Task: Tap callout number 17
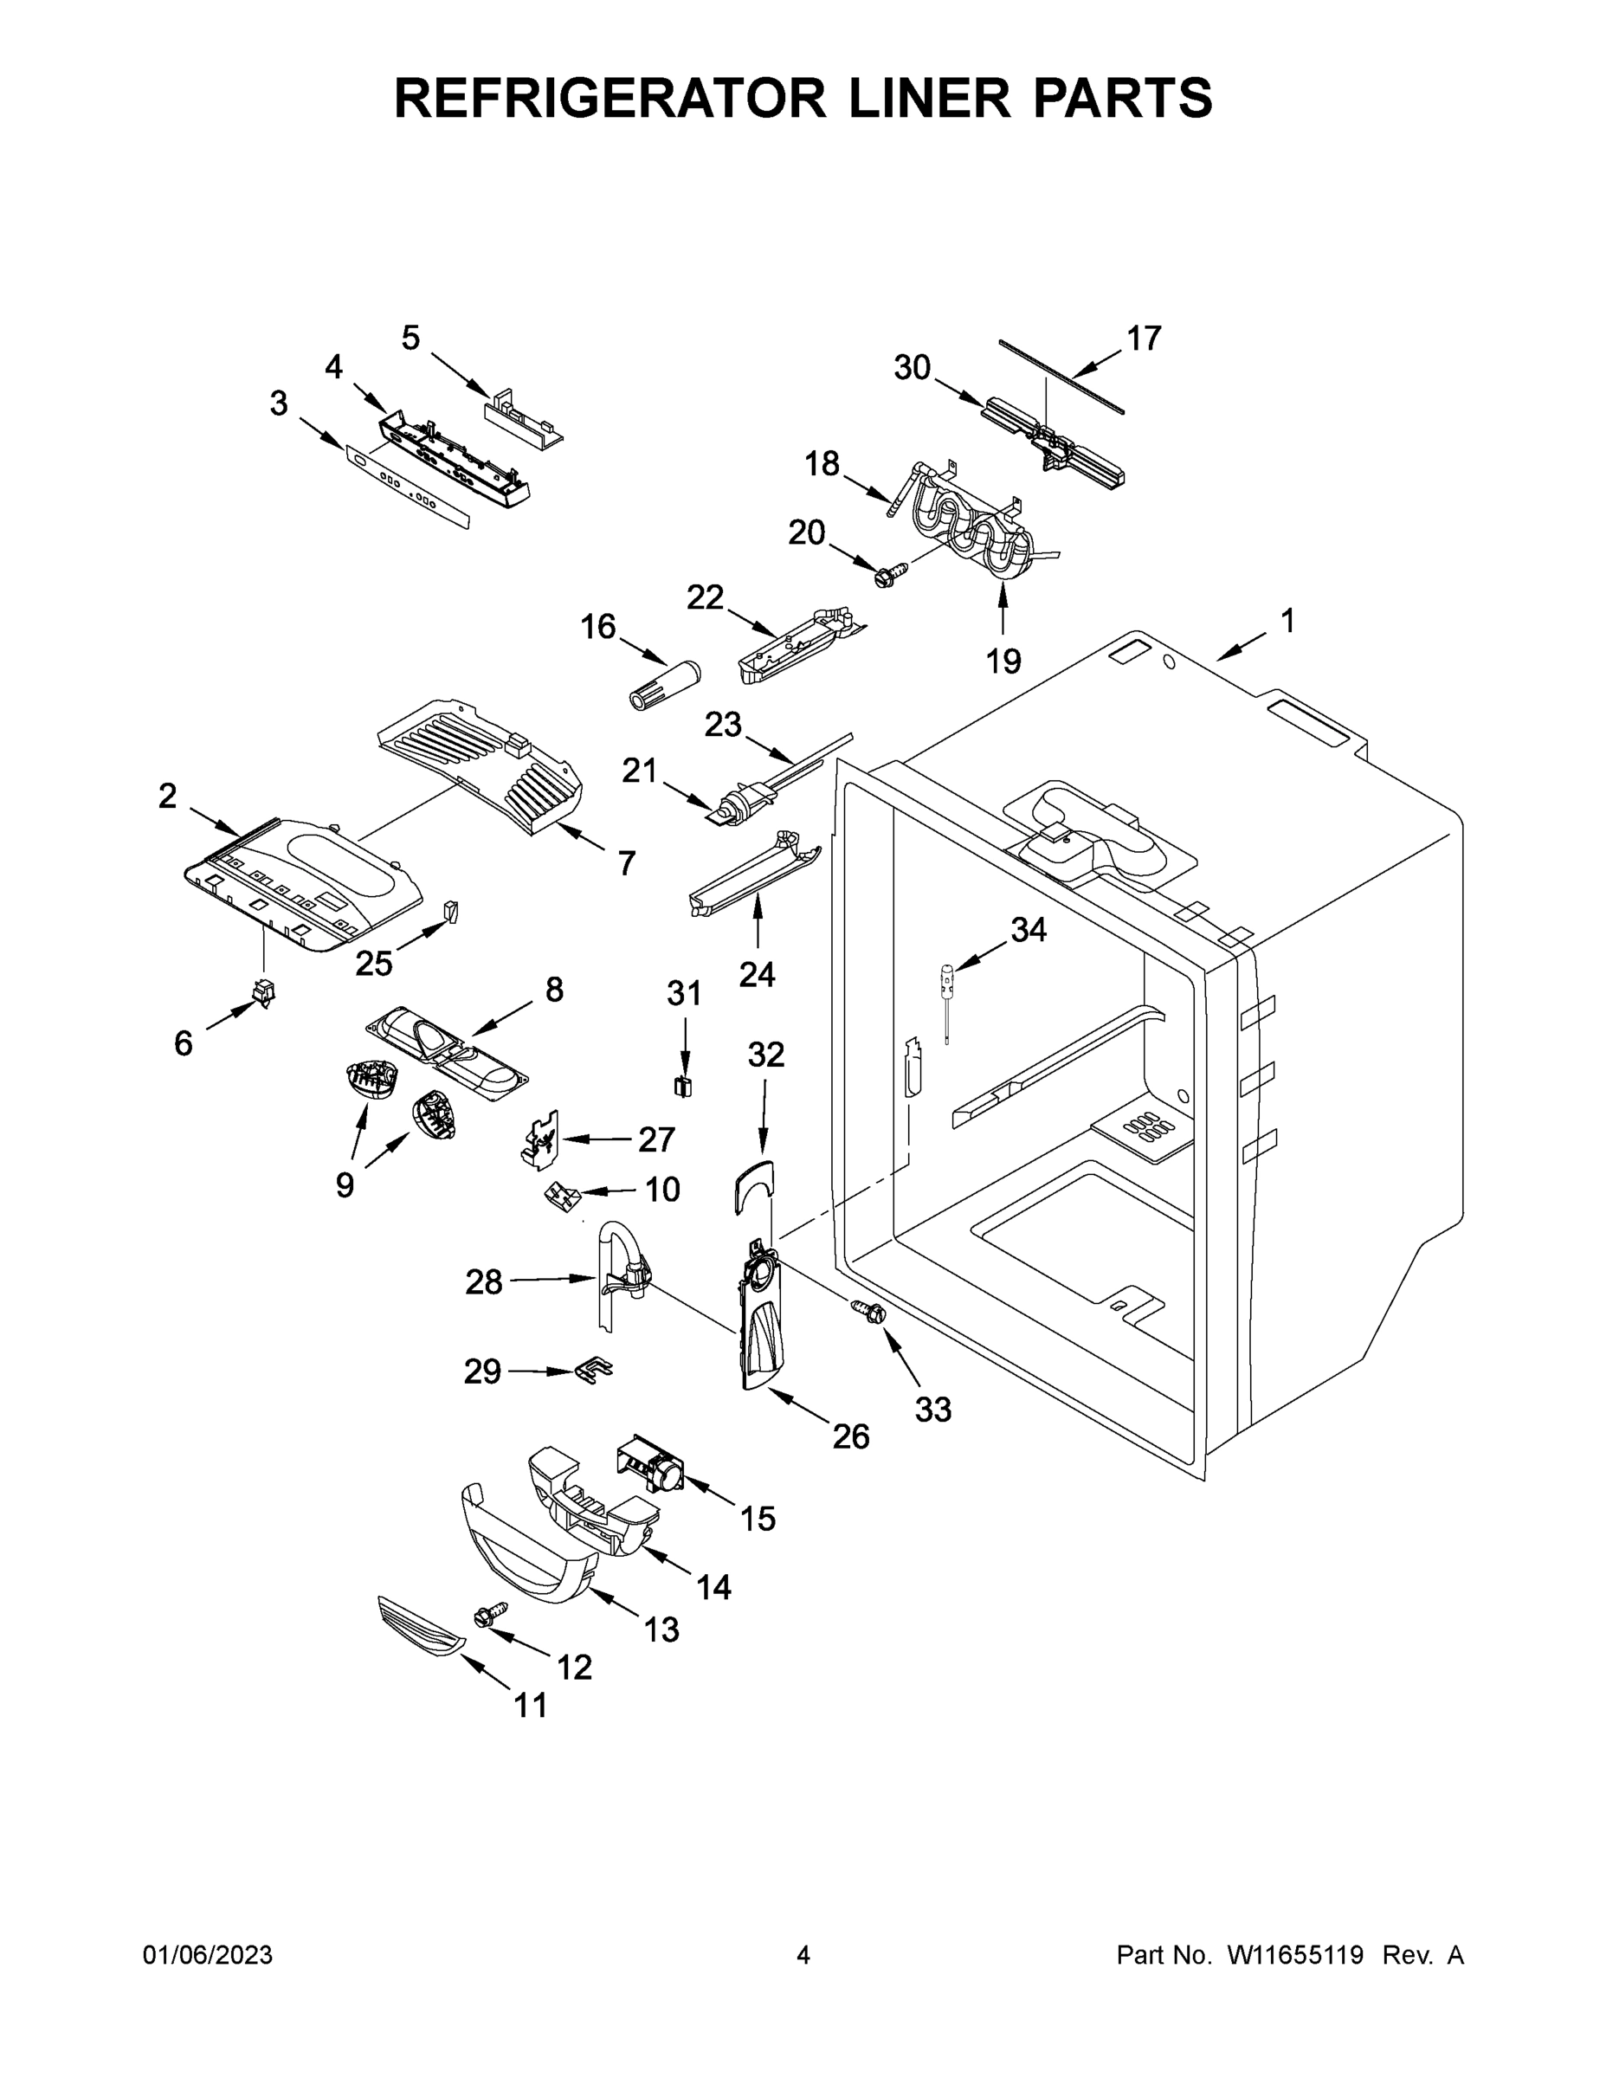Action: click(1145, 338)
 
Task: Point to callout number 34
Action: click(1029, 930)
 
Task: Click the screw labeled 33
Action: click(871, 1312)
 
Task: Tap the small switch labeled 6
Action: click(262, 992)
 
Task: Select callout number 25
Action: click(374, 964)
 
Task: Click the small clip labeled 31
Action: click(683, 1086)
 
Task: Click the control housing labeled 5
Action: click(520, 416)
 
